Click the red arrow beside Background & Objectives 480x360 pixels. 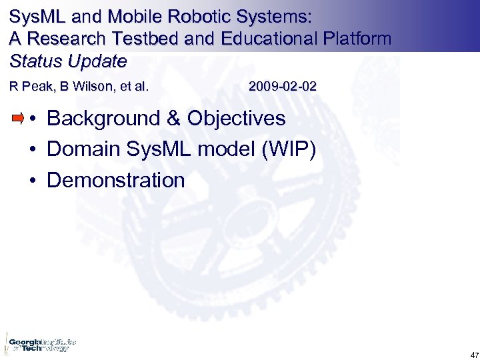(18, 119)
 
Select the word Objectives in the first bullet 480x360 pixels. (236, 119)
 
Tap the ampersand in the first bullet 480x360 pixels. (173, 119)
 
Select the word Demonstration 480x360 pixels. (115, 180)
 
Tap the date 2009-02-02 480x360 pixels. (283, 87)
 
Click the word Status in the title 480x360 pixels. (33, 61)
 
